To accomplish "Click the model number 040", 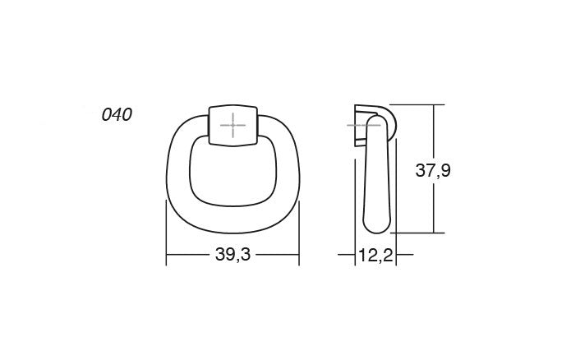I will (116, 114).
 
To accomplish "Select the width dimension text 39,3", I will (233, 256).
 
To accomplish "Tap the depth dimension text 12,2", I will (375, 256).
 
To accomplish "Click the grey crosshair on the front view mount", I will (233, 126).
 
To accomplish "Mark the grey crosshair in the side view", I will (358, 125).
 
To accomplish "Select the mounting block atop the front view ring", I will (233, 125).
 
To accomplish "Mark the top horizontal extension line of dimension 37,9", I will (419, 104).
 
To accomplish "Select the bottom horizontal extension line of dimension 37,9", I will (419, 233).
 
